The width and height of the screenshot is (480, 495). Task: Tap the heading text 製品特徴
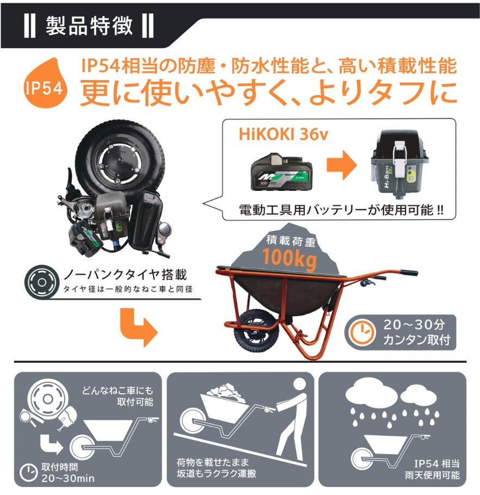89,26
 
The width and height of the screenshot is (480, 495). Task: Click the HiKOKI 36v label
283,134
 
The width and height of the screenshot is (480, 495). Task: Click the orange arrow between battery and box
342,165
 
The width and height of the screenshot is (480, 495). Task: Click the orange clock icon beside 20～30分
362,332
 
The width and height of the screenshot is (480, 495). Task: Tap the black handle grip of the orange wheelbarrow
409,272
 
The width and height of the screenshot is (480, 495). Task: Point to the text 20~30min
68,478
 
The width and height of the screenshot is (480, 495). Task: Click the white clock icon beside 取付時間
29,472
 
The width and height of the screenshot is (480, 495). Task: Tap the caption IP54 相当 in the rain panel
437,463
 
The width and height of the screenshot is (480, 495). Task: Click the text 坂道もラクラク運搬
216,474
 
